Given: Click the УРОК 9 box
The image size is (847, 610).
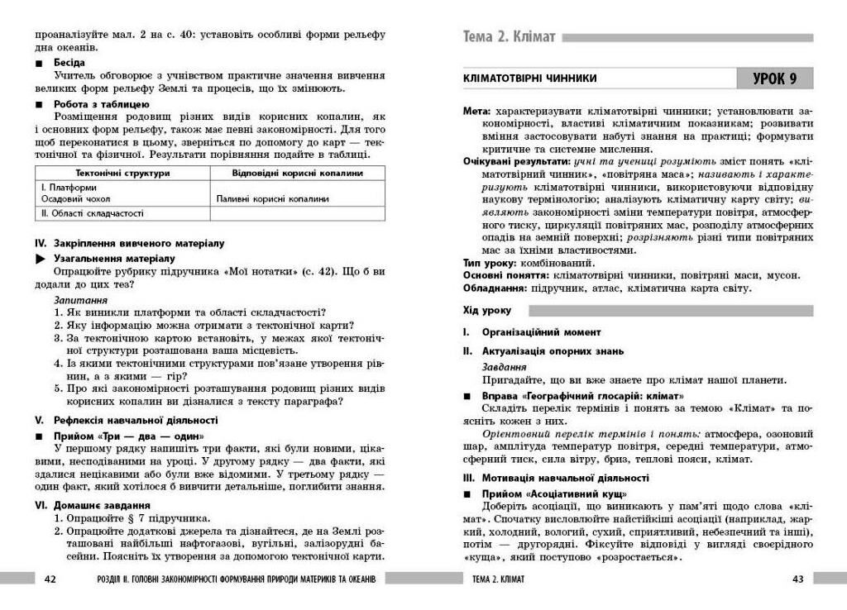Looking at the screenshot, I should (774, 79).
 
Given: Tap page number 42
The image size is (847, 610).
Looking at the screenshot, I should (49, 579).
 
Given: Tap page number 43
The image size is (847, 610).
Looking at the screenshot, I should (797, 579).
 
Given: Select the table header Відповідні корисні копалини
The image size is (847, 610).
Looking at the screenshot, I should (297, 174).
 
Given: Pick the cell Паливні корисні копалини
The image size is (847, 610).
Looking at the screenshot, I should (272, 198).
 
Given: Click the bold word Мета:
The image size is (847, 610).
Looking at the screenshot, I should (476, 110).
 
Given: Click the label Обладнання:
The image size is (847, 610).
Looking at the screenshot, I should (495, 288).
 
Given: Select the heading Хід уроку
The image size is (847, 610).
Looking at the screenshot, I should (487, 311).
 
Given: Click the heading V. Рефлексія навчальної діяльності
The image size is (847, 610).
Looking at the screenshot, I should (126, 420).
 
